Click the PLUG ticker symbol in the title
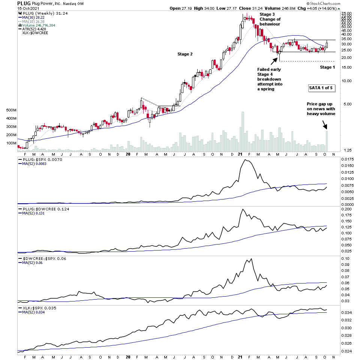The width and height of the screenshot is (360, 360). pos(24,3)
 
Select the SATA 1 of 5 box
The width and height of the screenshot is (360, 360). pos(320,88)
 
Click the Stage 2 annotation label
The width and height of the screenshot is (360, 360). pos(185,54)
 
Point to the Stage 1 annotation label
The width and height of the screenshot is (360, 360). pos(327,67)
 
